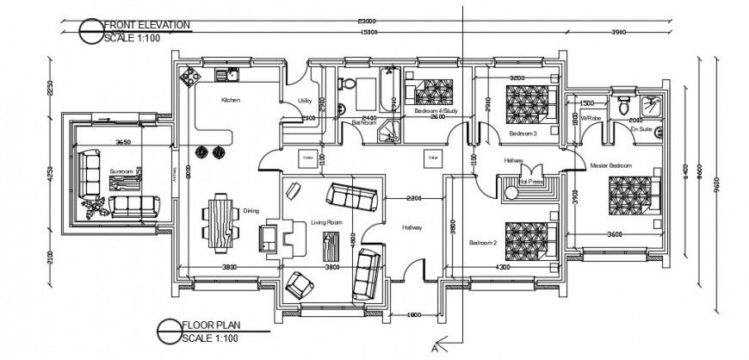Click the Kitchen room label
coord(230,101)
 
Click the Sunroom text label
coord(122,171)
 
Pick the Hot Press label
coord(530,182)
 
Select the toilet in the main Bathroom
coord(349,85)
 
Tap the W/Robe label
coord(590,118)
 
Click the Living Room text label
coord(327,223)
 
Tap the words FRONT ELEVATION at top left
coord(146,26)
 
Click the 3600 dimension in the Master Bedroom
coord(614,234)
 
